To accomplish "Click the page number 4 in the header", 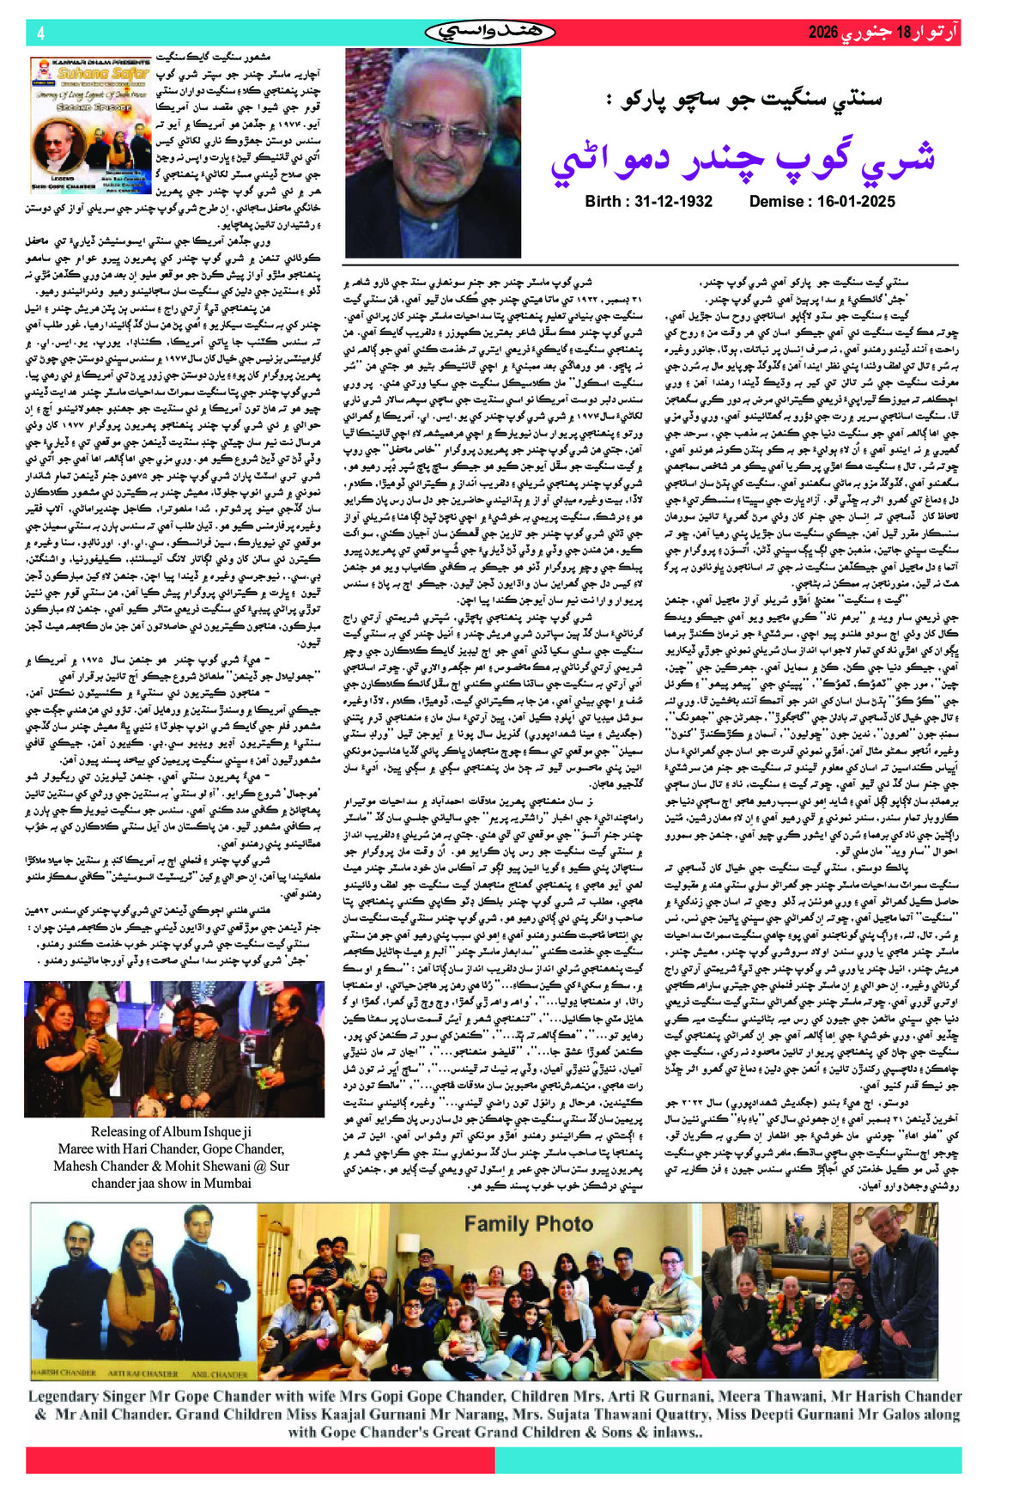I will (x=40, y=33).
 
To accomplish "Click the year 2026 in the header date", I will (x=822, y=33).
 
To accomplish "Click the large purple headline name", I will (x=742, y=157).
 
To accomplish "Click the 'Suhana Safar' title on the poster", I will (x=93, y=73).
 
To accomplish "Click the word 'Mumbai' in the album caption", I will (x=224, y=1183).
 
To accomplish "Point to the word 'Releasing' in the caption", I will (x=124, y=1132).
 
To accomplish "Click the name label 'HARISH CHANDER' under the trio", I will (x=64, y=1373).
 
